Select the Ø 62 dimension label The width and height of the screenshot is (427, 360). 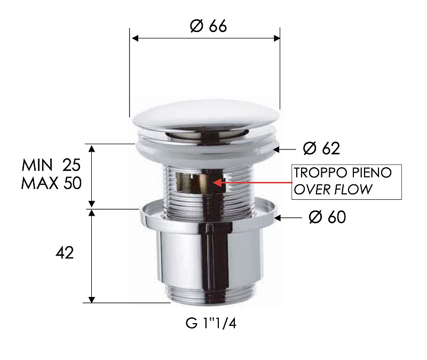[321, 148]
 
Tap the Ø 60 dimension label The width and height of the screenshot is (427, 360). [327, 217]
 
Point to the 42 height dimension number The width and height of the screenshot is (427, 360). [64, 253]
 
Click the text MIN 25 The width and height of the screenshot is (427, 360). [51, 164]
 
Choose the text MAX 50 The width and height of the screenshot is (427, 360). [51, 183]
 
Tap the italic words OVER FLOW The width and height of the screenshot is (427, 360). [334, 190]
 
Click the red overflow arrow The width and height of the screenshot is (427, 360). [251, 183]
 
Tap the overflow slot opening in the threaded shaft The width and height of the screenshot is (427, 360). [193, 182]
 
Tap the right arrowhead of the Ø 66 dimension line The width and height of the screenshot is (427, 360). [276, 38]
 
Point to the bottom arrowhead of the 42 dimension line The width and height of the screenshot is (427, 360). [92, 299]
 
